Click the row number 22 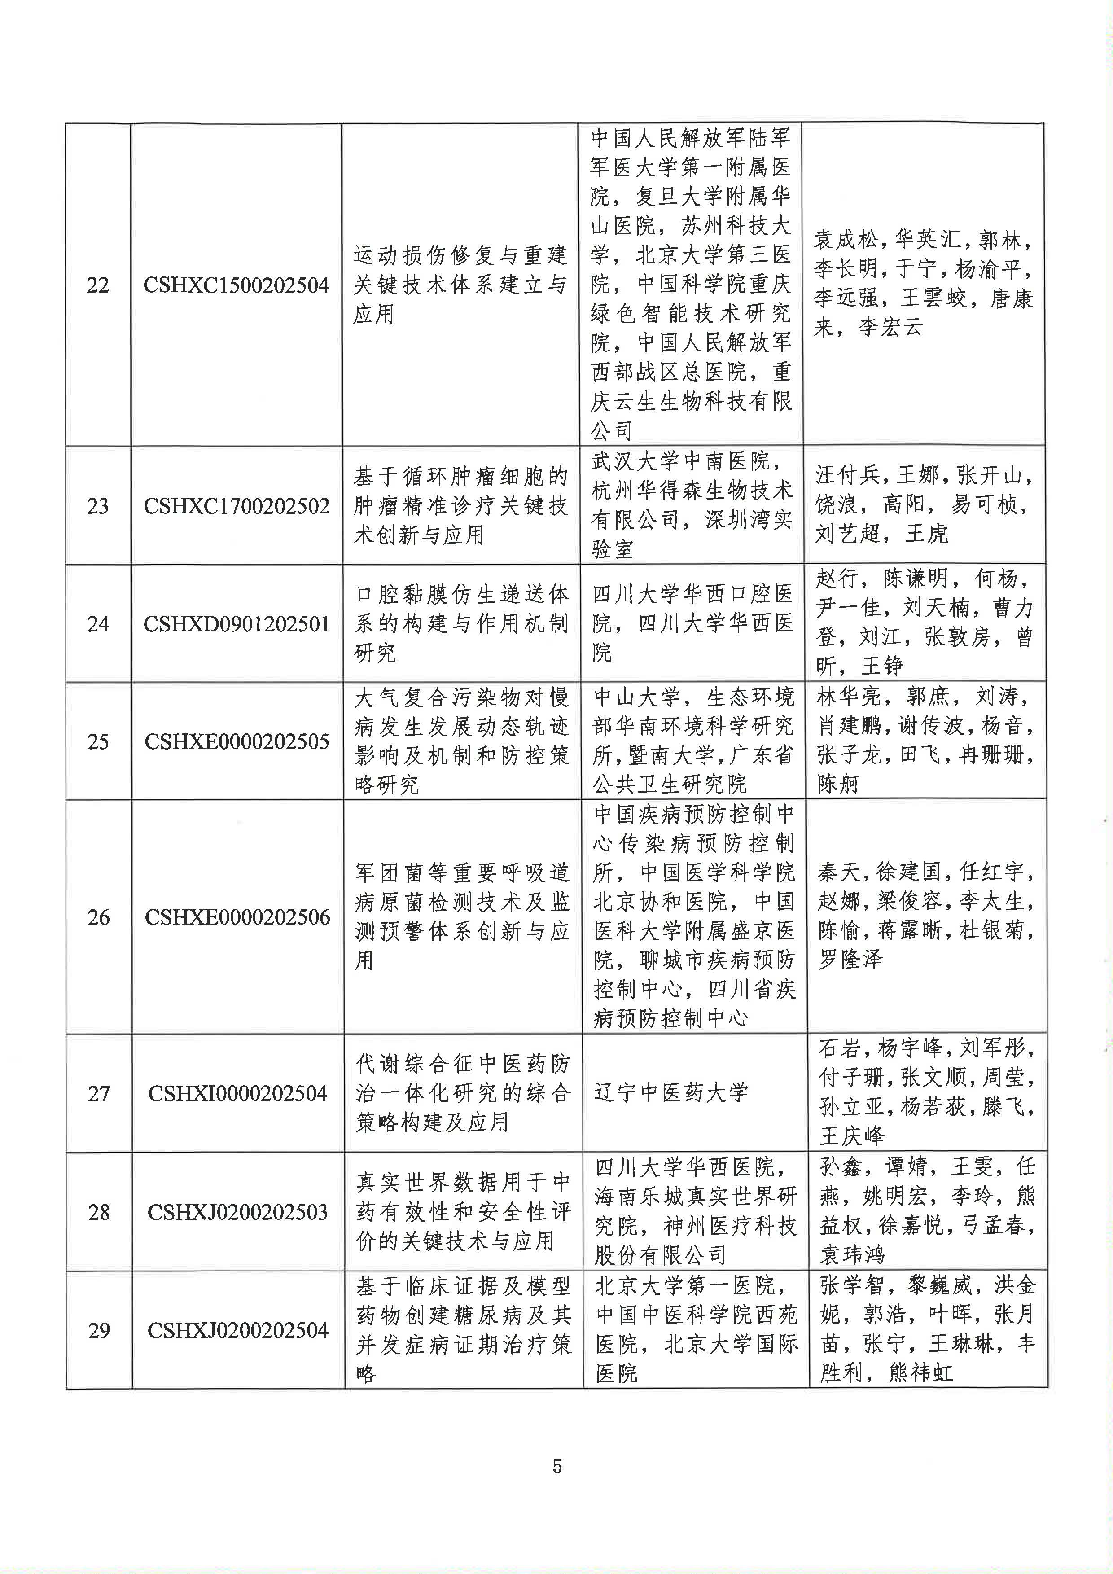click(97, 285)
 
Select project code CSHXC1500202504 click(237, 285)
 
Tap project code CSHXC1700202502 click(237, 506)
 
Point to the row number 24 click(98, 624)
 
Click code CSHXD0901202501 click(237, 624)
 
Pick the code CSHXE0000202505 click(237, 741)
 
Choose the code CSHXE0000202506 click(237, 917)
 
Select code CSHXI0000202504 click(238, 1093)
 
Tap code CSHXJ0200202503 click(238, 1212)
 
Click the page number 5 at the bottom click(556, 1466)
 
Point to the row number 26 click(99, 917)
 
